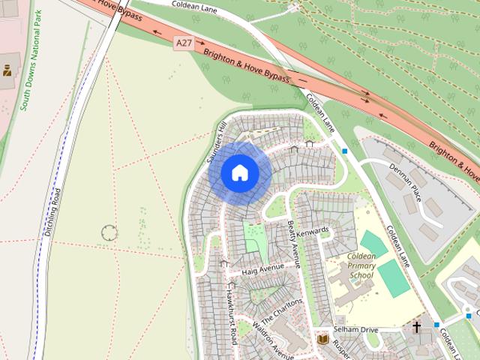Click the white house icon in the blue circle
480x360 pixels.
[240, 172]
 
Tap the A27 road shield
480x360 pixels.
[184, 43]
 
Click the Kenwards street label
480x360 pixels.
[313, 232]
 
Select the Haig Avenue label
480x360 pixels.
[262, 268]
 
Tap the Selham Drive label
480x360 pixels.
[358, 330]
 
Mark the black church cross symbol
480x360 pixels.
[416, 328]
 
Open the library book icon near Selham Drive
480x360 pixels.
[323, 340]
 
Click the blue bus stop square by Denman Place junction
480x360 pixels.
[345, 151]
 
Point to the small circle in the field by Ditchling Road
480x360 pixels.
[109, 232]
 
